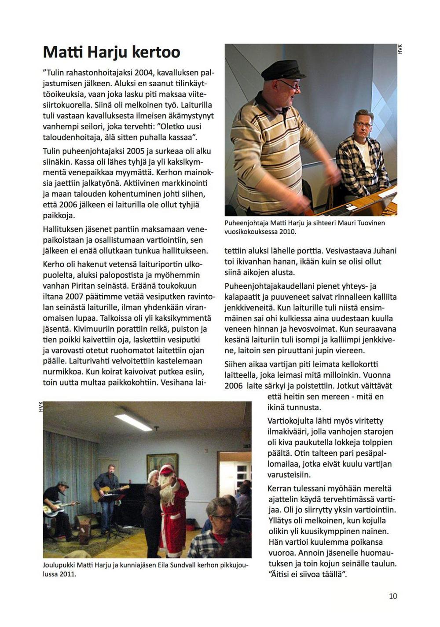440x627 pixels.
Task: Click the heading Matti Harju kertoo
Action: (x=111, y=52)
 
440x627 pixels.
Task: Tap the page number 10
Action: (x=392, y=596)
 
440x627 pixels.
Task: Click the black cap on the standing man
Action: (x=284, y=70)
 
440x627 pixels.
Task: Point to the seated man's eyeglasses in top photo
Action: (x=363, y=125)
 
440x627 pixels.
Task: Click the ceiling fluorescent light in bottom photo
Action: (x=133, y=422)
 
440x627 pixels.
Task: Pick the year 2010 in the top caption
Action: (x=287, y=231)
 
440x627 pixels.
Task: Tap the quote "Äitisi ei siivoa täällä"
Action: (x=308, y=574)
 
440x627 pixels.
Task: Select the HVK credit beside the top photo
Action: (x=400, y=49)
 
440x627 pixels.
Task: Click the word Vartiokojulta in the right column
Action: (x=293, y=421)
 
